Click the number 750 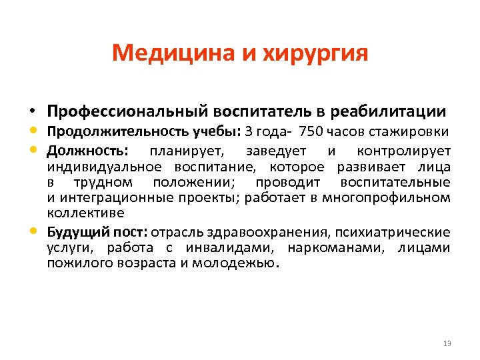(x=312, y=131)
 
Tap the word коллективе (x=85, y=213)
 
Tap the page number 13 (x=447, y=343)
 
